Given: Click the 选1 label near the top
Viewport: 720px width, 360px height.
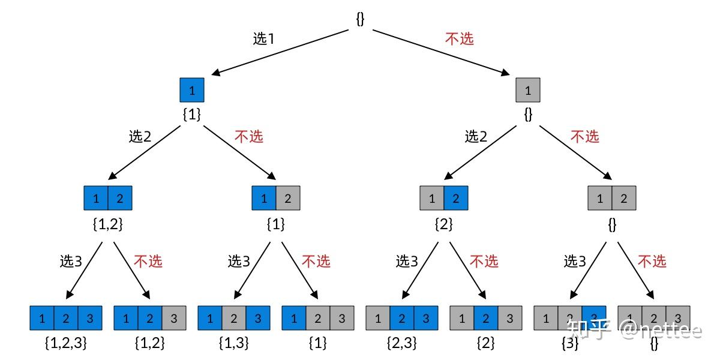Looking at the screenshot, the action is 263,39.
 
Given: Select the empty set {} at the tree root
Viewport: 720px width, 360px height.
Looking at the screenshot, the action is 360,19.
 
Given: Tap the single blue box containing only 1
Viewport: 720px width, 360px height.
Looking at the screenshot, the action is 192,90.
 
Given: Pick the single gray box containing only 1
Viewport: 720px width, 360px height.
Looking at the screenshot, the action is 528,90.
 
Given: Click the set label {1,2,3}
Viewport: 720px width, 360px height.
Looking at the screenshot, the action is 66,344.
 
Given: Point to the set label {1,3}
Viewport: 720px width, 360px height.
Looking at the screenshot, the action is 234,344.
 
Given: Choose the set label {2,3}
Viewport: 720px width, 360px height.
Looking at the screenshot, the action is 402,344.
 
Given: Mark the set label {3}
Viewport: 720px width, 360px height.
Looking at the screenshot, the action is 569,344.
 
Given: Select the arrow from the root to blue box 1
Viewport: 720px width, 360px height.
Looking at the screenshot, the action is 282,52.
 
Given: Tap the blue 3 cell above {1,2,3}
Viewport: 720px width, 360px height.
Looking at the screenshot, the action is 90,318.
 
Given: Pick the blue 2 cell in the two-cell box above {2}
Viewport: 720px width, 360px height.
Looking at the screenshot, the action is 456,198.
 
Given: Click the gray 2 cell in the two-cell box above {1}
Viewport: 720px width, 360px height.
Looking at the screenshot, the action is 288,198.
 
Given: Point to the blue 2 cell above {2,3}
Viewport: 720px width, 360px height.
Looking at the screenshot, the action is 402,318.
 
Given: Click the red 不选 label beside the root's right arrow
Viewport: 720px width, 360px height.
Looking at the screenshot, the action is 460,39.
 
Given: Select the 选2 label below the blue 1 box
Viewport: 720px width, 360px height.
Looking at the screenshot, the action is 140,136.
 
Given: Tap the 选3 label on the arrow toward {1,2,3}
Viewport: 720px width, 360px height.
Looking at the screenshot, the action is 71,261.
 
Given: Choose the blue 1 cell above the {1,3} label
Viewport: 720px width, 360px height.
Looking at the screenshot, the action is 210,318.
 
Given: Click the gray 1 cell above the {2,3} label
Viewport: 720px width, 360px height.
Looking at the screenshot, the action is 378,318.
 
